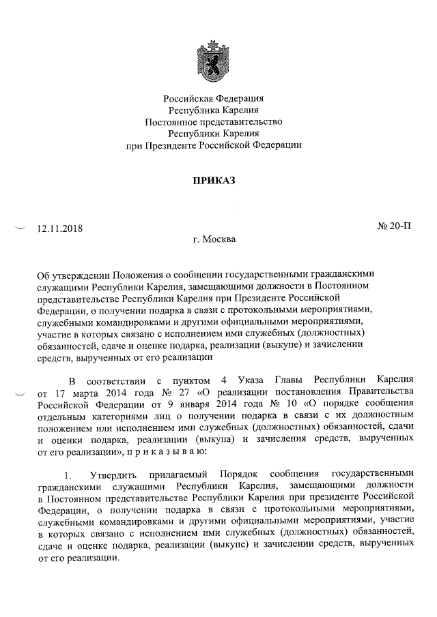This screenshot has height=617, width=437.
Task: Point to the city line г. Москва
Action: (x=214, y=239)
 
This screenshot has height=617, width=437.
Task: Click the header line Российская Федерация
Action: (x=215, y=100)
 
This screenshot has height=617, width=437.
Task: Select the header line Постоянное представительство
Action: (x=214, y=122)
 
